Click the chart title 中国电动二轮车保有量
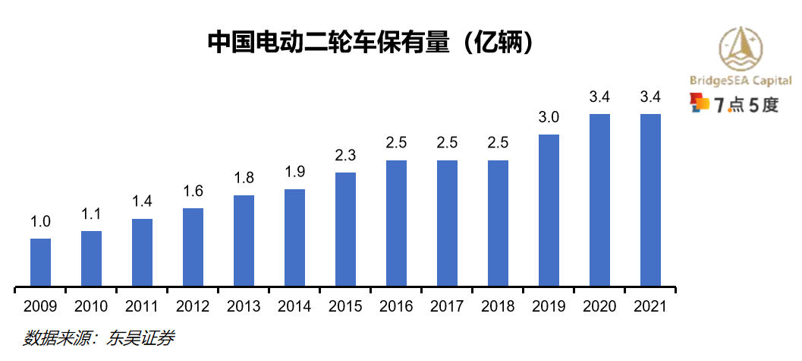[372, 42]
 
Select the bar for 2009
[40, 263]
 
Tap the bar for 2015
[345, 230]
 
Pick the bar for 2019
[549, 211]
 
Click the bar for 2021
[650, 201]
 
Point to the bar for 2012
[193, 248]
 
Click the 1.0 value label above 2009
[40, 223]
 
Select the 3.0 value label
[549, 118]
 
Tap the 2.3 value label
[345, 157]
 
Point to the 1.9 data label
[294, 173]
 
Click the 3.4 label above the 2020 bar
[599, 97]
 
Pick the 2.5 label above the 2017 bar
[447, 144]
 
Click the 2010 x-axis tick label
[91, 307]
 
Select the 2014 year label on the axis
[294, 307]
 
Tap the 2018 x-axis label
[498, 307]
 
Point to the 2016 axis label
[396, 307]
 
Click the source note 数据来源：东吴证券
[99, 338]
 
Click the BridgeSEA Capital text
[741, 81]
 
